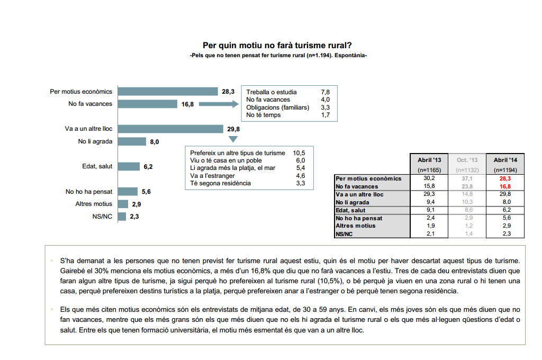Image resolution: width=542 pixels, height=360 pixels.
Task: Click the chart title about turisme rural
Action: click(x=277, y=46)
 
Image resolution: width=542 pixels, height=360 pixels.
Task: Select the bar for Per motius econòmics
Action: click(x=168, y=92)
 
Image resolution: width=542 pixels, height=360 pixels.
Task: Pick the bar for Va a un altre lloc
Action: click(x=170, y=129)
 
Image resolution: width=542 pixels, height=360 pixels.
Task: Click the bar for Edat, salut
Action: click(x=129, y=166)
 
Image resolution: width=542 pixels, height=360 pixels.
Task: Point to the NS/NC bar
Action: click(x=122, y=216)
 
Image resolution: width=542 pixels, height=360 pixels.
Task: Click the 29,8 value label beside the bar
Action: click(x=233, y=129)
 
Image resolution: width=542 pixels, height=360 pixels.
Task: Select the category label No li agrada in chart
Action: click(x=95, y=141)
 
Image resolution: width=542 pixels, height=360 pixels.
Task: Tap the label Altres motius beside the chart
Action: click(x=94, y=203)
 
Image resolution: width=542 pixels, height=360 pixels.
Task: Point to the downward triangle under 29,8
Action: click(x=232, y=140)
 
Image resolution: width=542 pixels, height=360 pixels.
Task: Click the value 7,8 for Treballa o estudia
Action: click(x=325, y=92)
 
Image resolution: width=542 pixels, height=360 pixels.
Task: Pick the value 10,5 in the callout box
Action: click(x=299, y=153)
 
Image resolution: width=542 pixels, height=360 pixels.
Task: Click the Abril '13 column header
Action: click(x=429, y=159)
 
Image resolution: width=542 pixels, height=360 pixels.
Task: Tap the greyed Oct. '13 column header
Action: click(x=467, y=159)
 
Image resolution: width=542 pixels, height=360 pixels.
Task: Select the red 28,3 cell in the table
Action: click(x=505, y=179)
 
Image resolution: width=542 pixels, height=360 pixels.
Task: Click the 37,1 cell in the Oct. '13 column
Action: click(x=467, y=179)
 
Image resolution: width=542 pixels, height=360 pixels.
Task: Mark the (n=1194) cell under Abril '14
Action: click(x=505, y=170)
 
